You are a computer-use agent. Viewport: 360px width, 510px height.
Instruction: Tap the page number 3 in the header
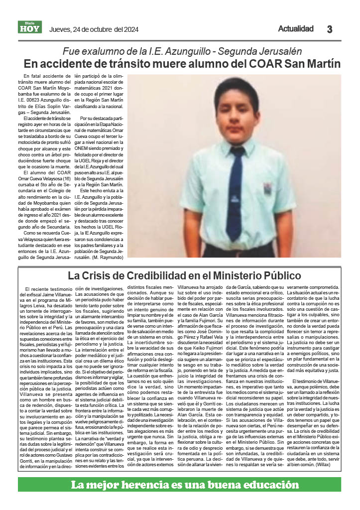(330, 29)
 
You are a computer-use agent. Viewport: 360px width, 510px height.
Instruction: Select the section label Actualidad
(296, 28)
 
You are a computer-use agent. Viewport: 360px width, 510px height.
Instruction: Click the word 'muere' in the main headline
(157, 64)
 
